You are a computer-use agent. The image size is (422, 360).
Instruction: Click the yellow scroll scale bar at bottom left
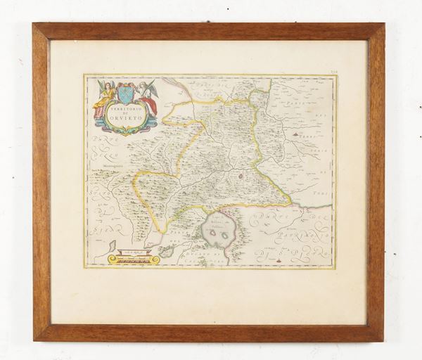tap(134, 258)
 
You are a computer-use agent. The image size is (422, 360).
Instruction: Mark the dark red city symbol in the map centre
tap(241, 176)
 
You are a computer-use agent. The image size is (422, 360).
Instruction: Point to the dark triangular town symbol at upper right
tap(290, 129)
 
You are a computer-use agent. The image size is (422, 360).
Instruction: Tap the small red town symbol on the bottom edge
tap(279, 261)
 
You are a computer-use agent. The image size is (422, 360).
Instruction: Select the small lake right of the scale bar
tap(166, 250)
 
